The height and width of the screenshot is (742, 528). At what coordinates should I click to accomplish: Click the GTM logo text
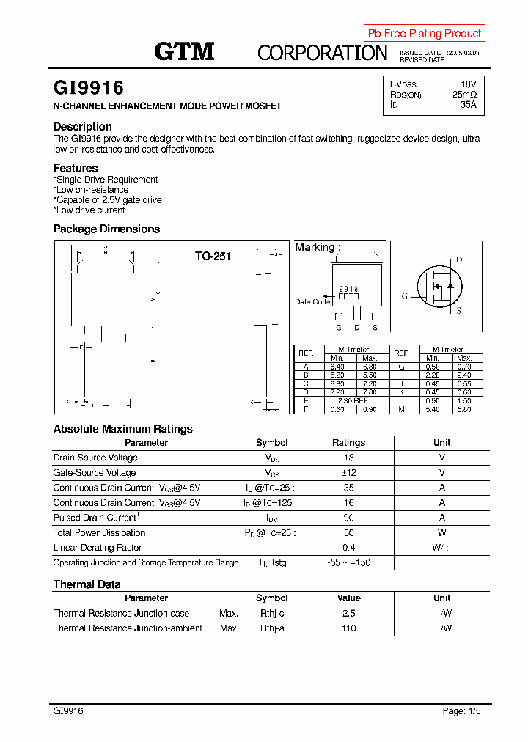(x=184, y=51)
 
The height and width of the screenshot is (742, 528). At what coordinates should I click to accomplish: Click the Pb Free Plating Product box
(x=424, y=33)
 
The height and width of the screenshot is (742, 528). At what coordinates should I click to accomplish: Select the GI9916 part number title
(x=89, y=88)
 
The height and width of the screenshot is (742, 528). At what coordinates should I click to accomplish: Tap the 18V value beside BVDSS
(x=468, y=84)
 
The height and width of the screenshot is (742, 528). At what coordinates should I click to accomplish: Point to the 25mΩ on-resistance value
(x=464, y=95)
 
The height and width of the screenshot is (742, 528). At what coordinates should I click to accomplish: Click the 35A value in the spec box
(x=468, y=105)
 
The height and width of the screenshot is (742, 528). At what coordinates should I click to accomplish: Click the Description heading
(x=83, y=126)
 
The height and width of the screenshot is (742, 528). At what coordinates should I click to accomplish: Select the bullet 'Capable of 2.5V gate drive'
(x=108, y=199)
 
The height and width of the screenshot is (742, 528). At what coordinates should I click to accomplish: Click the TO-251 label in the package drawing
(x=213, y=257)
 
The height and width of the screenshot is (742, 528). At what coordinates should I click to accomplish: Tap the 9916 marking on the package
(x=348, y=290)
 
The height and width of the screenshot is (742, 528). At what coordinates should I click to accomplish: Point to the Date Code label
(x=312, y=302)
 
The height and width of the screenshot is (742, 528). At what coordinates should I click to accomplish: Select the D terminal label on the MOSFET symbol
(x=459, y=260)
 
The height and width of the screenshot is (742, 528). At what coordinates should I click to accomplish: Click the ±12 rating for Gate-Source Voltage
(x=348, y=473)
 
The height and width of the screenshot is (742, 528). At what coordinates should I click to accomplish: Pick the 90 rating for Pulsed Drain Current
(x=348, y=518)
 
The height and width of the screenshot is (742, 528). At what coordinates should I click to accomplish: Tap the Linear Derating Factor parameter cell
(x=98, y=548)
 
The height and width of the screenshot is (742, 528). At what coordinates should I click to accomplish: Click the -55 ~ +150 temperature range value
(x=348, y=562)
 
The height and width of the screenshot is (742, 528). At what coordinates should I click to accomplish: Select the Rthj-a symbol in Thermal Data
(x=271, y=628)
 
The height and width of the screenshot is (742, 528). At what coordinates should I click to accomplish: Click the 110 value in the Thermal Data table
(x=348, y=628)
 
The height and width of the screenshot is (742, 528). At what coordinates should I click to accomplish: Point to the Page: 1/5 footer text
(x=462, y=711)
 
